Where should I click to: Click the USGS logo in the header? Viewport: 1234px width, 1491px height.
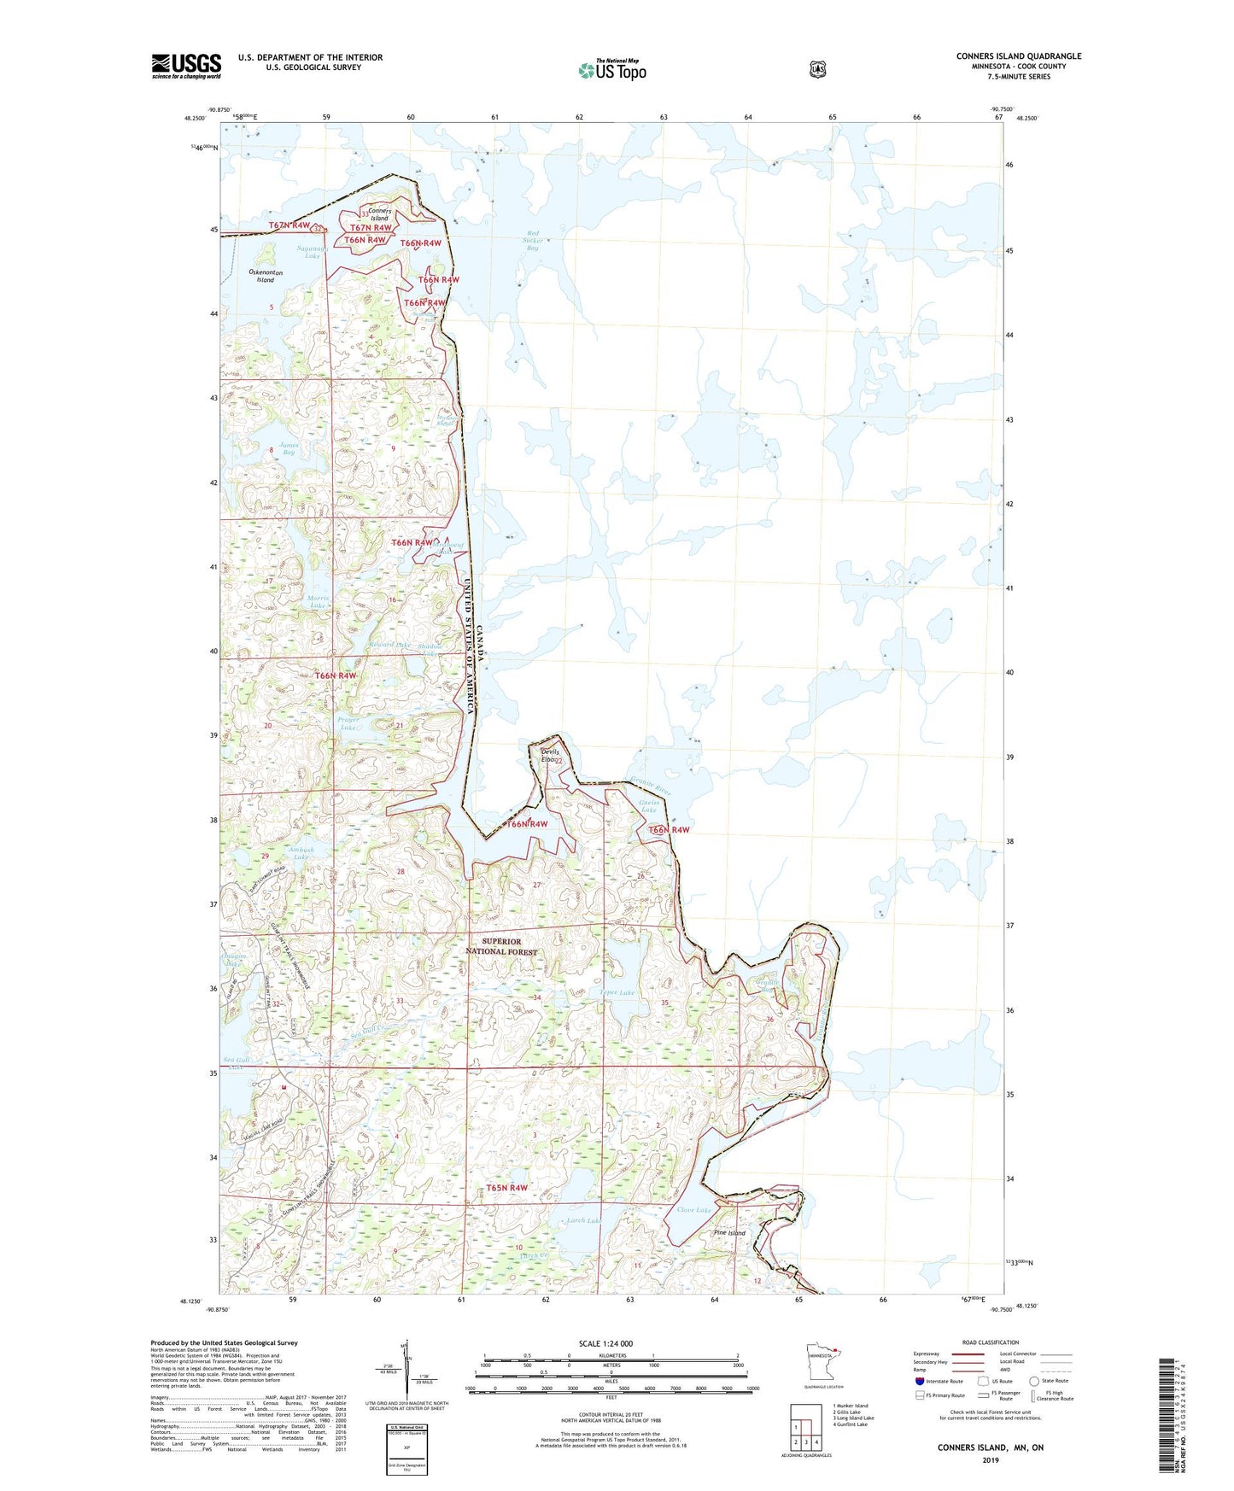pos(186,66)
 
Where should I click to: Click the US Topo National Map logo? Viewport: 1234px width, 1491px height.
pos(611,70)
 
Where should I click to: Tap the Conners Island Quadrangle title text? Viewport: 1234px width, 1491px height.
pos(1018,56)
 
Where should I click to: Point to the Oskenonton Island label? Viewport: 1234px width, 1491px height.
pos(266,276)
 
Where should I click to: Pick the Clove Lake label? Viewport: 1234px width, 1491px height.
pos(693,1210)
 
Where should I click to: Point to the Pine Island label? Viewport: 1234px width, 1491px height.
pos(729,1233)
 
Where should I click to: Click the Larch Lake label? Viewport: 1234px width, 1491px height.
pos(583,1220)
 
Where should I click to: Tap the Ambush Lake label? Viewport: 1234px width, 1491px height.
pos(300,853)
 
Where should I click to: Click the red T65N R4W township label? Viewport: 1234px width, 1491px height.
pos(507,1188)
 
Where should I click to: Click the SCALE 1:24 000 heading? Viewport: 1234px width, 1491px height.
pos(605,1344)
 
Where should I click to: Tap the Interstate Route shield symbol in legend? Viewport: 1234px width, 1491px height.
pos(919,1381)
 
